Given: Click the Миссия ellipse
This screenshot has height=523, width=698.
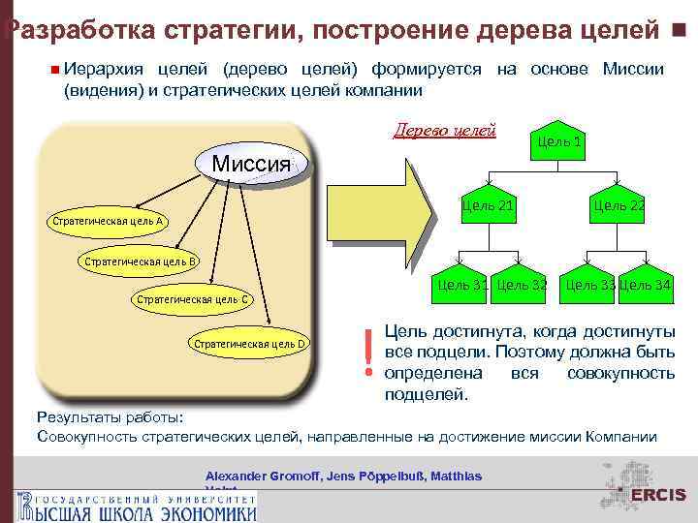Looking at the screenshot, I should click(x=251, y=165).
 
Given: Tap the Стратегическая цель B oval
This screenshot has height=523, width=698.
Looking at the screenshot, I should click(x=142, y=261).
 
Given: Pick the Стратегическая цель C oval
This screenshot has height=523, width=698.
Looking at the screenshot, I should click(x=194, y=299).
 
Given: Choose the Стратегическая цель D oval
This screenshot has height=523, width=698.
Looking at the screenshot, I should click(x=250, y=343).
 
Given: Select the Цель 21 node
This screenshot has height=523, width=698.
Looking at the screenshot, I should click(x=488, y=206).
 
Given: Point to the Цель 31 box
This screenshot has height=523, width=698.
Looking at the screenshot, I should click(x=461, y=285).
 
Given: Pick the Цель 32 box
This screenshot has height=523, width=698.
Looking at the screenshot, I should click(x=521, y=285).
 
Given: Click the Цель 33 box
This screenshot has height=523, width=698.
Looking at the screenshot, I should click(x=589, y=285).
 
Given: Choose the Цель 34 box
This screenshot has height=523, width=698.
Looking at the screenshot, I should click(x=645, y=285).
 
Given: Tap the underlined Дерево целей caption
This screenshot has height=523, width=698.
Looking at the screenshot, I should click(x=444, y=130).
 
